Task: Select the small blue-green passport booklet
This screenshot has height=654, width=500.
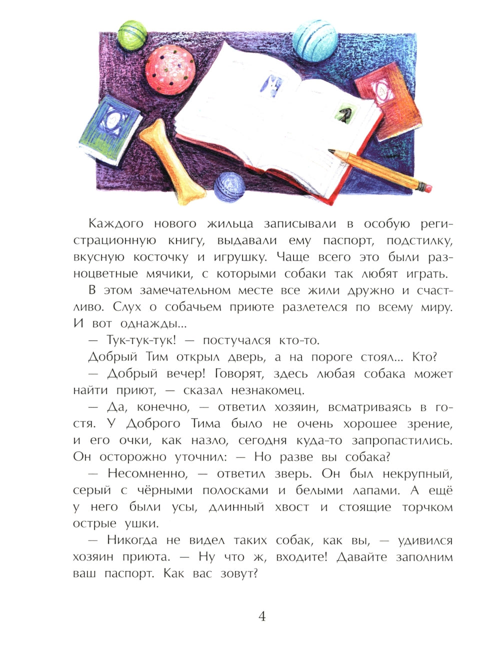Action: [x=109, y=128]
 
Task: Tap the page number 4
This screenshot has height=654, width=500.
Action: [x=262, y=616]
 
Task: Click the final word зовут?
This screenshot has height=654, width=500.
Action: [x=239, y=574]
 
